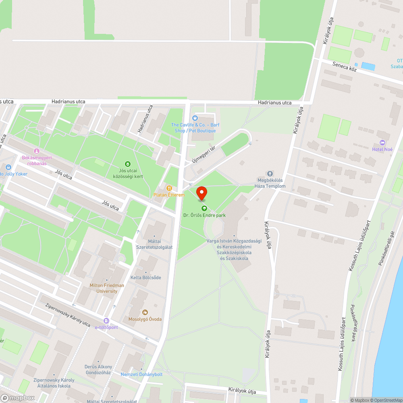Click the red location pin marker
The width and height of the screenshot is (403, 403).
pyautogui.click(x=201, y=194)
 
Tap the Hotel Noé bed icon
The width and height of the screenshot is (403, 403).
pyautogui.click(x=382, y=143)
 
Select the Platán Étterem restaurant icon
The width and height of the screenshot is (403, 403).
pyautogui.click(x=169, y=188)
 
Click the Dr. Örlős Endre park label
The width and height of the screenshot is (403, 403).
pyautogui.click(x=204, y=215)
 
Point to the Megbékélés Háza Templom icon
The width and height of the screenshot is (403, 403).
pyautogui.click(x=270, y=173)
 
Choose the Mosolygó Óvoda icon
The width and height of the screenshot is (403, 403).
pyautogui.click(x=145, y=312)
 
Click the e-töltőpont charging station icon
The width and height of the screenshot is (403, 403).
pyautogui.click(x=106, y=321)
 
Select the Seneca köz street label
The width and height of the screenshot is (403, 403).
pyautogui.click(x=345, y=66)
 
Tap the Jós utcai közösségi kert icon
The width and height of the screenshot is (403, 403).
pyautogui.click(x=128, y=164)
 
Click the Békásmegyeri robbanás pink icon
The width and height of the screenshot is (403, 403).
pyautogui.click(x=37, y=151)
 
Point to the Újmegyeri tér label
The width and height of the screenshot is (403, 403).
pyautogui.click(x=204, y=155)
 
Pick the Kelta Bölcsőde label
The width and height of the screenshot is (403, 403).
pyautogui.click(x=145, y=278)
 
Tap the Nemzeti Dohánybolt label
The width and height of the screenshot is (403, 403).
pyautogui.click(x=141, y=374)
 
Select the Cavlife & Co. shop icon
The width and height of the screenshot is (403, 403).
pyautogui.click(x=195, y=118)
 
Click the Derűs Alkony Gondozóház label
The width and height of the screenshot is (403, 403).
pyautogui.click(x=98, y=370)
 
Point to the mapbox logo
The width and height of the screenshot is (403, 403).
pyautogui.click(x=17, y=398)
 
